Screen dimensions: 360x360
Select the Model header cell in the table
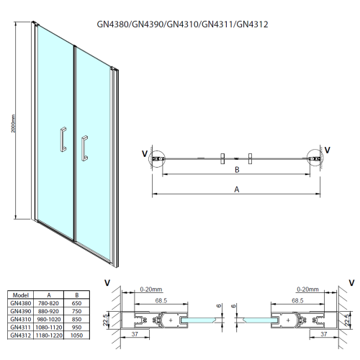coord(20,294)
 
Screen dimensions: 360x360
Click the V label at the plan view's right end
coord(328,150)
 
